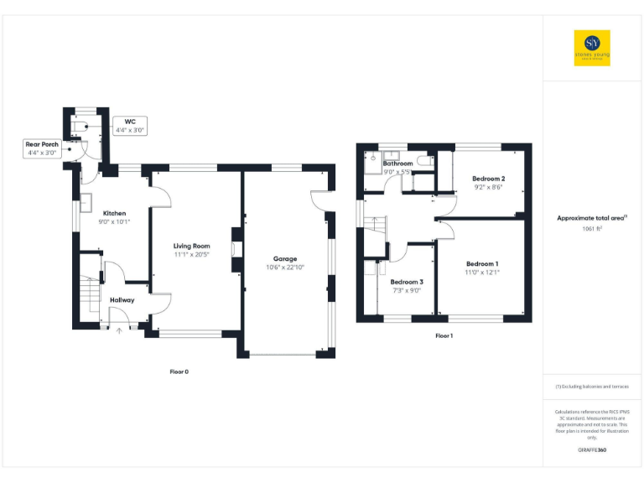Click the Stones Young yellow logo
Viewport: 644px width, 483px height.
coord(592,49)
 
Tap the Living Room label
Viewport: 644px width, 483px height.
coord(192,245)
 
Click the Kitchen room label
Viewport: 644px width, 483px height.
coord(114,213)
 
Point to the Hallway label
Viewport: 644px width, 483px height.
coord(122,299)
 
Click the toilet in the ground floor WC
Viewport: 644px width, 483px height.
coord(80,125)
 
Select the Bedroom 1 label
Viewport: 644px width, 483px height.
coord(482,263)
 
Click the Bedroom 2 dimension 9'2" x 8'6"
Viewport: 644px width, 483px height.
coord(488,188)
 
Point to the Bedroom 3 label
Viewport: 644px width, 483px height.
coord(406,282)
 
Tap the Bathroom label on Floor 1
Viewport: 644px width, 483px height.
coord(397,164)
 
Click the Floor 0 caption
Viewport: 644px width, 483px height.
coord(179,371)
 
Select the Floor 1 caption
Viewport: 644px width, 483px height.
coord(444,335)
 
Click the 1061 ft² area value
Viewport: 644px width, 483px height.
coord(592,228)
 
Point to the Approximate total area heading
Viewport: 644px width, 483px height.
coord(592,218)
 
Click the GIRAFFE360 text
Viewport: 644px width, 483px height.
coord(592,451)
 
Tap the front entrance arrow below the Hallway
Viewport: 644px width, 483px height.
coord(119,330)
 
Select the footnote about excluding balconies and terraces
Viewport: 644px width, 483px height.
coord(592,387)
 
